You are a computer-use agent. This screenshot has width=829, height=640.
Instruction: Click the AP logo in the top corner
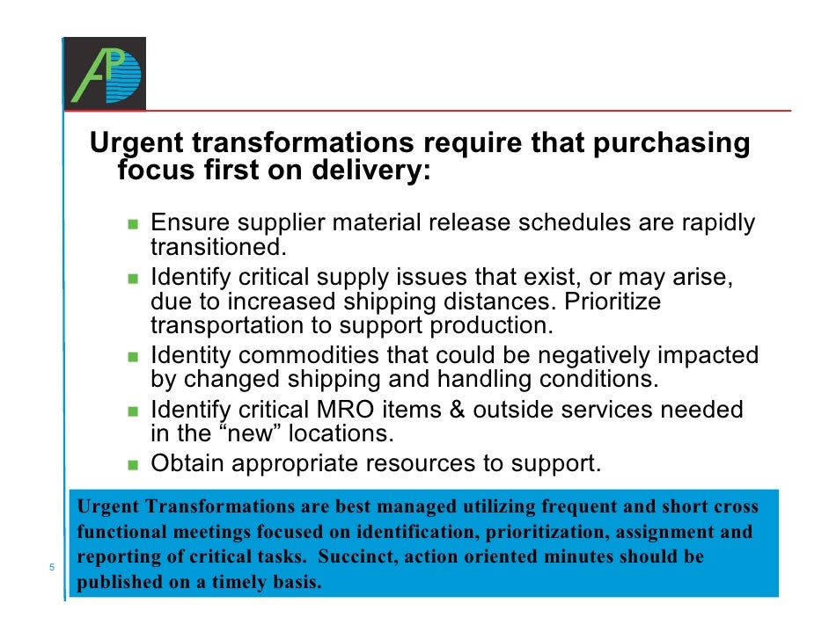pyautogui.click(x=105, y=71)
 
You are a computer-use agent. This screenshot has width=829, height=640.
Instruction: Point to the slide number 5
pyautogui.click(x=52, y=567)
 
